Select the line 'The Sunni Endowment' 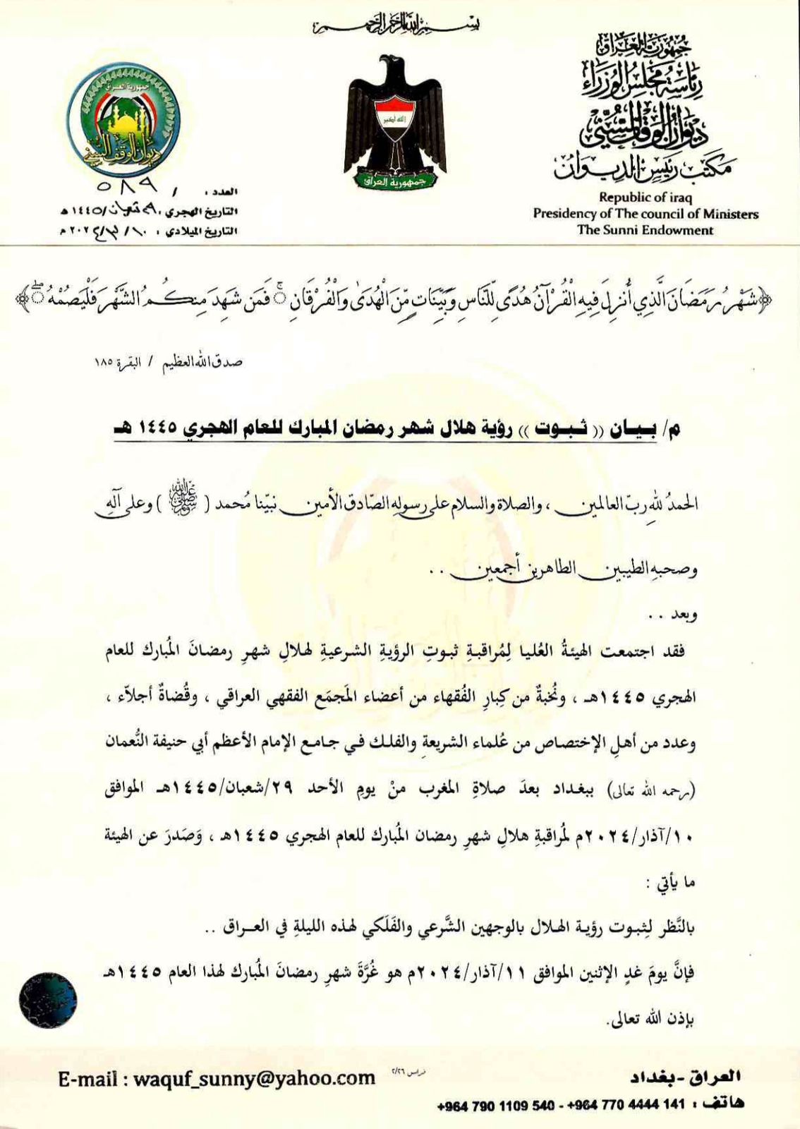point(645,230)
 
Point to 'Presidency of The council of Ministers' point(645,214)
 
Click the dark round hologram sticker point(48,1000)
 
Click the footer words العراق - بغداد point(685,1077)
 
